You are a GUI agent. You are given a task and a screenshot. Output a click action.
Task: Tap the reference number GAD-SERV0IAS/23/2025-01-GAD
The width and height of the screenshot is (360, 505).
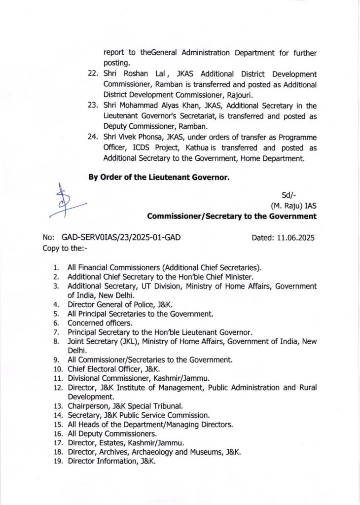pos(121,237)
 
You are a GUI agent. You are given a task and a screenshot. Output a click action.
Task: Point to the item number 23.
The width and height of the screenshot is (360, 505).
pos(93,106)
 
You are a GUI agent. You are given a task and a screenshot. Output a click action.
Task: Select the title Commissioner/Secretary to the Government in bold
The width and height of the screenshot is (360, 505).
pos(232,216)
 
